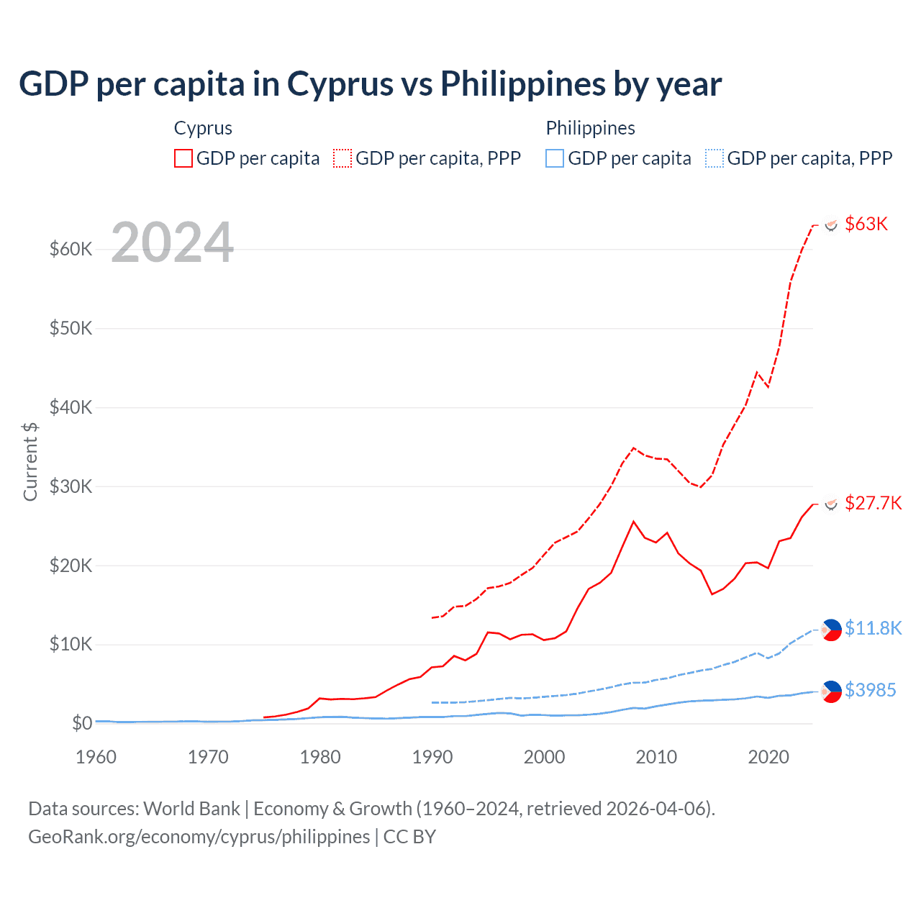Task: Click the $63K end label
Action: click(x=866, y=224)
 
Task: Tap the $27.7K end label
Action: click(x=873, y=503)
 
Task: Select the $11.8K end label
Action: click(x=873, y=628)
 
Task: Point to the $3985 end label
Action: click(x=870, y=690)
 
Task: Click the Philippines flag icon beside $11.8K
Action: click(x=831, y=630)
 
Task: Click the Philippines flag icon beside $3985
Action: click(x=831, y=691)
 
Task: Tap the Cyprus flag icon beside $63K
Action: click(x=831, y=224)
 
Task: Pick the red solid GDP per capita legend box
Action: click(x=183, y=158)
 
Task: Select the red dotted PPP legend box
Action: click(x=342, y=158)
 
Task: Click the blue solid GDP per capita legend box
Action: click(x=555, y=158)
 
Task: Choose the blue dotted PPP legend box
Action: click(x=714, y=158)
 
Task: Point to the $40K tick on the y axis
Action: click(x=71, y=407)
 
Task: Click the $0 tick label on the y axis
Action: click(x=82, y=722)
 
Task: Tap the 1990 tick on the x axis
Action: click(x=432, y=757)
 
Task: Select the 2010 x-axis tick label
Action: click(x=656, y=757)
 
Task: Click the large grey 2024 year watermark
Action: click(x=173, y=243)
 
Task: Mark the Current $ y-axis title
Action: click(x=30, y=461)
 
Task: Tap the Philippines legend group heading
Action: click(x=590, y=128)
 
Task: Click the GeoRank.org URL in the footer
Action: click(x=199, y=837)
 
